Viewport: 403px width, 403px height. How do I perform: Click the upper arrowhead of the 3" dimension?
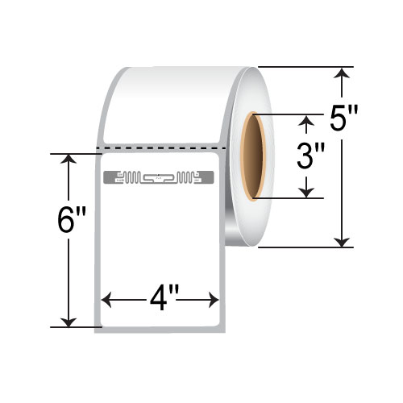click(x=306, y=122)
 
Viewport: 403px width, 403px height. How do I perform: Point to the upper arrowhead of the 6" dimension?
click(x=69, y=159)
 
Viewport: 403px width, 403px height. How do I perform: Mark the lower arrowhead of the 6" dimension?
click(x=69, y=322)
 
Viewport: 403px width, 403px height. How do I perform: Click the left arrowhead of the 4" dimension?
click(x=104, y=301)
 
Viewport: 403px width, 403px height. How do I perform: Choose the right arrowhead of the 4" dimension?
click(x=215, y=301)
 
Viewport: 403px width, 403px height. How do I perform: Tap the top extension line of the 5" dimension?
click(x=306, y=67)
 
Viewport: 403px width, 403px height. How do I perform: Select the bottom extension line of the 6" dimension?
click(x=77, y=327)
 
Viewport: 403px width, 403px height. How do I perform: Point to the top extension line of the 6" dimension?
click(x=77, y=153)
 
